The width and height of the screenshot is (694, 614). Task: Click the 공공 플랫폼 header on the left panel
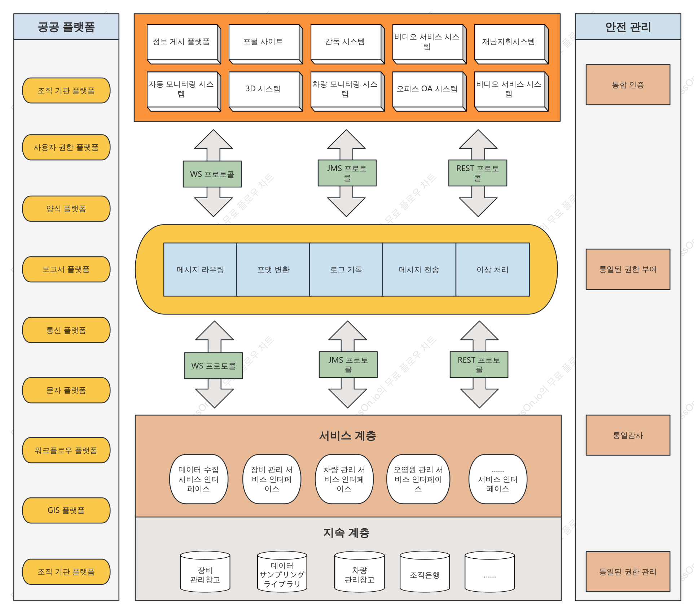click(x=66, y=27)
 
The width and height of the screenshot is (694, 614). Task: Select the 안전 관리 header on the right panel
click(x=628, y=27)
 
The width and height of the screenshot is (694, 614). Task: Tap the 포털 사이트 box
click(x=265, y=44)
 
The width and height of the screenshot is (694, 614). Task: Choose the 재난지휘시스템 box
click(x=511, y=44)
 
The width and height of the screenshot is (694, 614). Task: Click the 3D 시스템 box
click(x=265, y=91)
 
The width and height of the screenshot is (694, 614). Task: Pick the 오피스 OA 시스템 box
click(x=429, y=91)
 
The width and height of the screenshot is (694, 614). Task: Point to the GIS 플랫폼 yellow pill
click(x=66, y=510)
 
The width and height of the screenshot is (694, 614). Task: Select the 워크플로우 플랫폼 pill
click(x=66, y=450)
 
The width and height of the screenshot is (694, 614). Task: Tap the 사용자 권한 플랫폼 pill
click(x=66, y=147)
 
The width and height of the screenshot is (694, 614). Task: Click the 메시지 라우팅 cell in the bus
click(x=200, y=270)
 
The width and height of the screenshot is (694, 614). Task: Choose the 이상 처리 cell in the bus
click(x=493, y=270)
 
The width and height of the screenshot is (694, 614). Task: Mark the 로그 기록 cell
click(x=346, y=270)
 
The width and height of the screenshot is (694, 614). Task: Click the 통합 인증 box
click(x=628, y=85)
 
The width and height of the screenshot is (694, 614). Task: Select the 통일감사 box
click(x=628, y=435)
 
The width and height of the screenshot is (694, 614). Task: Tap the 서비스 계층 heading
click(x=348, y=436)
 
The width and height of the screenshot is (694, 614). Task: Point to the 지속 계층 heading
click(x=347, y=533)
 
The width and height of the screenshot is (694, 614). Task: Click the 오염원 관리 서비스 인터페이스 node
click(x=418, y=479)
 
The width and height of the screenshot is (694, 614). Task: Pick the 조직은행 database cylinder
click(x=425, y=572)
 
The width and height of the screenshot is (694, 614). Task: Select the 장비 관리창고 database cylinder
click(x=205, y=572)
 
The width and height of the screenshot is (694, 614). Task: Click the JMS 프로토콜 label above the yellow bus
click(x=347, y=173)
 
